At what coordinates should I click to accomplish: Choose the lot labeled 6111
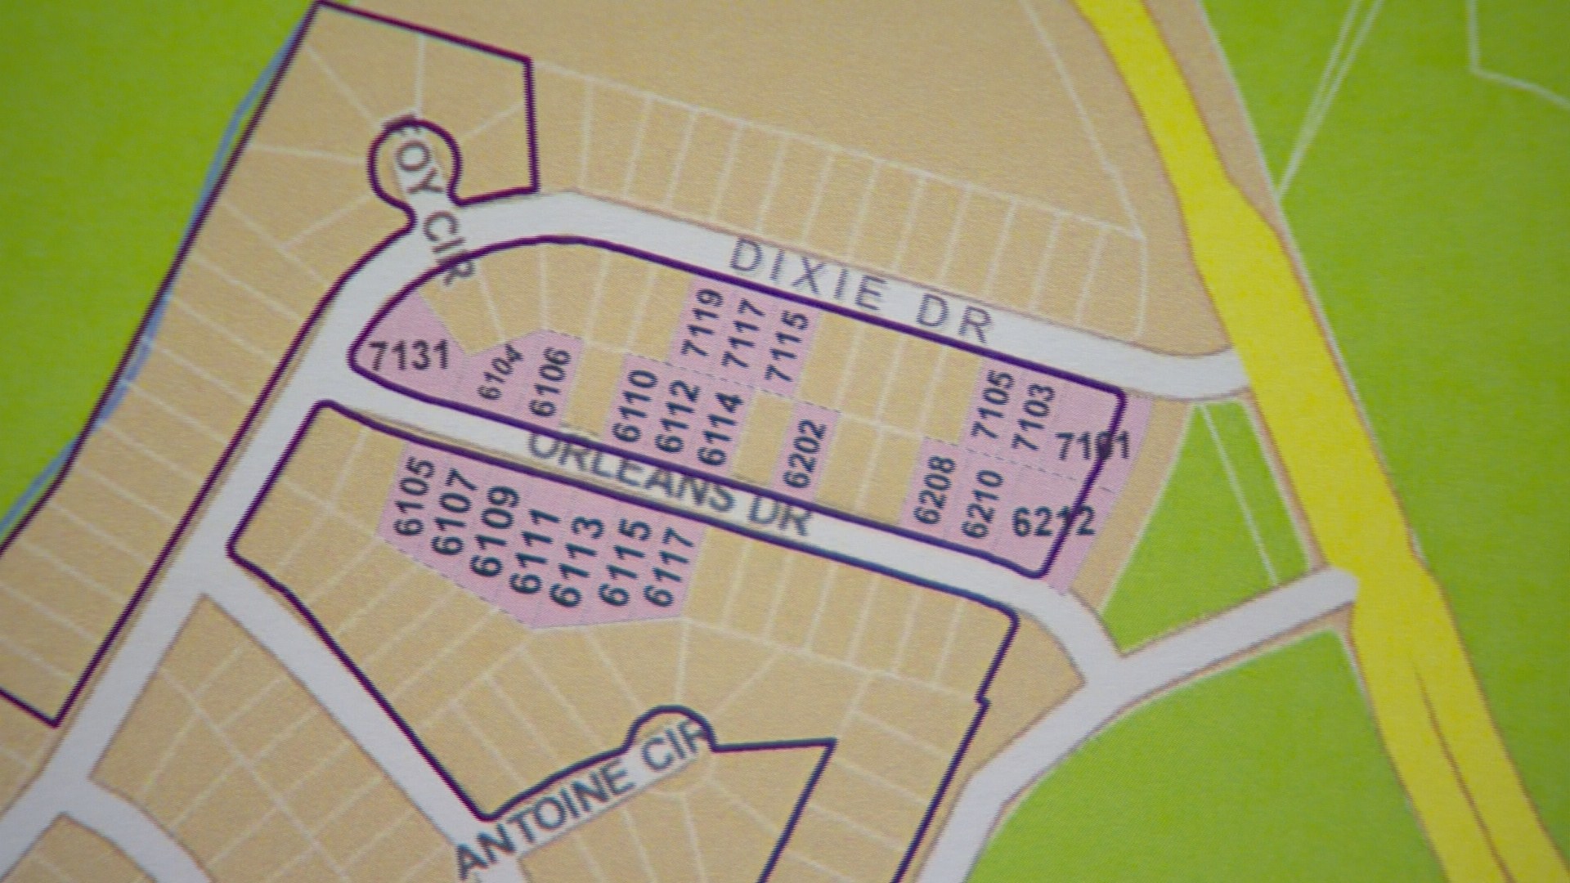[x=533, y=549]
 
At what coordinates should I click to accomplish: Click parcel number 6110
[x=634, y=406]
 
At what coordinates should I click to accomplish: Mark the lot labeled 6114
[x=720, y=428]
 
